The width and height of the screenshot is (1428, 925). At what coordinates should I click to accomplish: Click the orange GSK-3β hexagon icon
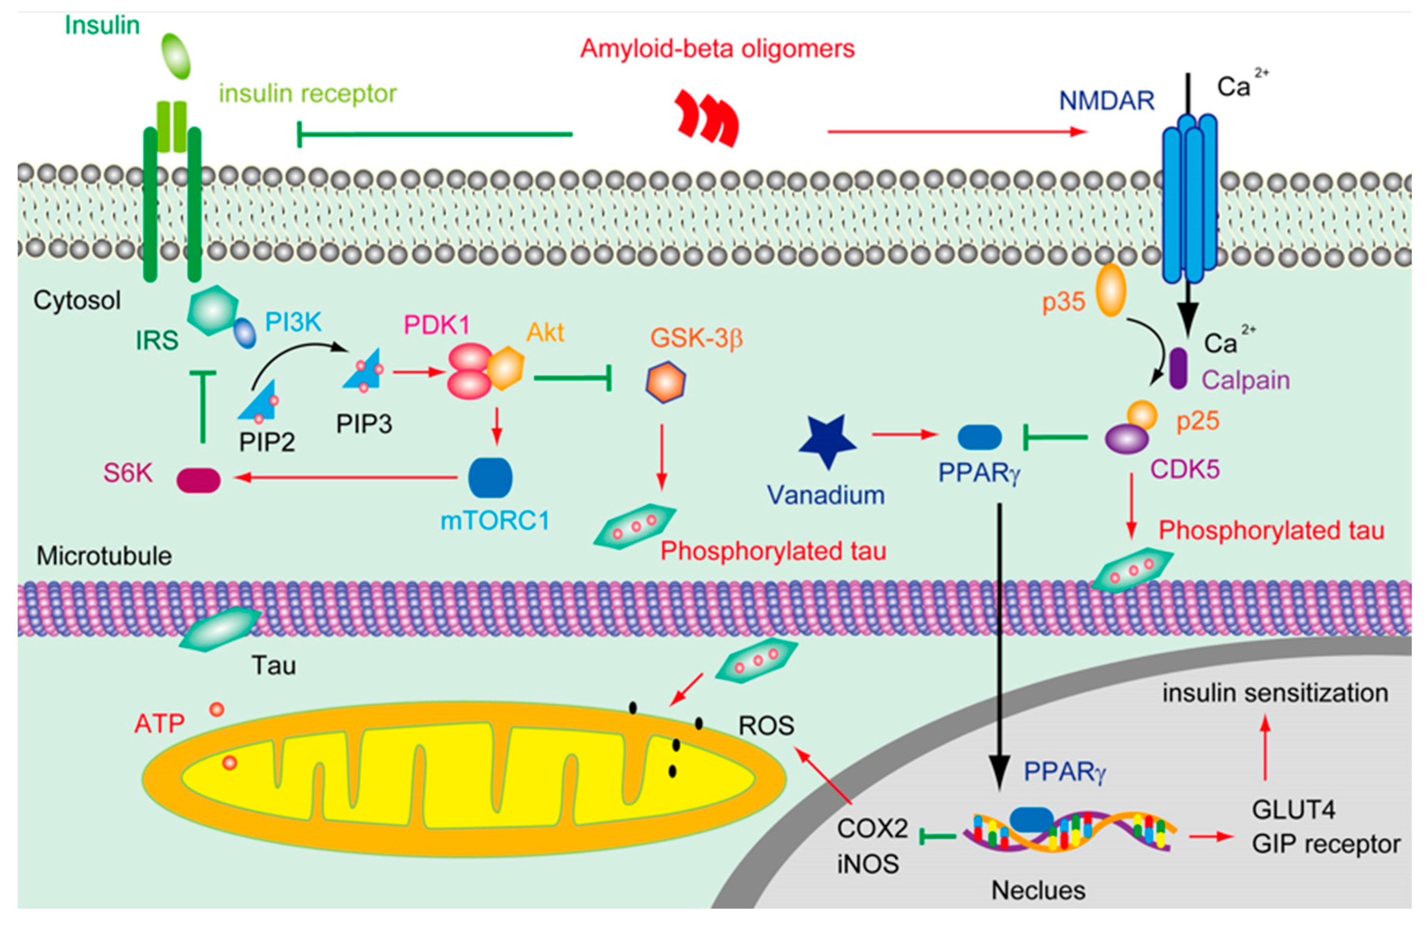(x=665, y=382)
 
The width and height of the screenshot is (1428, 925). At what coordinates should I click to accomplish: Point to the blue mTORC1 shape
(x=490, y=478)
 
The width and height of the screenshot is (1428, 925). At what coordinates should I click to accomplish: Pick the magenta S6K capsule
(x=199, y=480)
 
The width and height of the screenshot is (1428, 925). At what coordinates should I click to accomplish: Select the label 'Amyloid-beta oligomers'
(x=717, y=48)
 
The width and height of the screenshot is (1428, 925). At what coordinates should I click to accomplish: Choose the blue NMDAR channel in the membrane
(x=1189, y=198)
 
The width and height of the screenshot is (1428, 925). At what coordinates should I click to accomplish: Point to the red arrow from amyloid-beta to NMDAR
(x=956, y=131)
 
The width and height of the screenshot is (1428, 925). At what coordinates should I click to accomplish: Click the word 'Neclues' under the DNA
(x=1038, y=890)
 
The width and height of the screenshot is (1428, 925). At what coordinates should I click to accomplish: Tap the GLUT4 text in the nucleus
(x=1293, y=810)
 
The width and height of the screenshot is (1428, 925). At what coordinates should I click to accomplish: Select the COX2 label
(x=872, y=828)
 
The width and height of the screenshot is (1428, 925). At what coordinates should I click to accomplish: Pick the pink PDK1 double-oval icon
(x=470, y=371)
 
